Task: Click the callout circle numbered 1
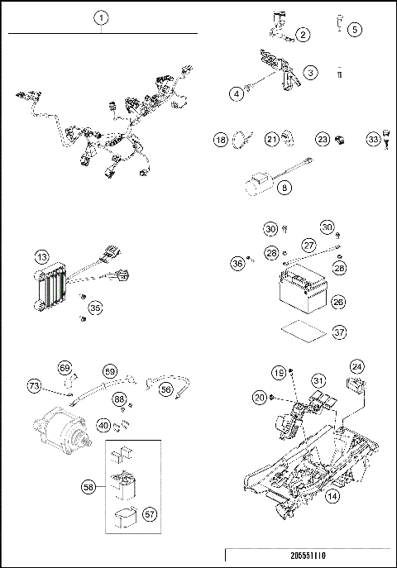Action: coord(101,17)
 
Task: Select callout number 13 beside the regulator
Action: coord(41,258)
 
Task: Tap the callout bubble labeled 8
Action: coord(285,189)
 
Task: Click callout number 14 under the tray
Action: coord(332,497)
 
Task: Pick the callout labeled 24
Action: coord(356,365)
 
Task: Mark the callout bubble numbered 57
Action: coord(151,514)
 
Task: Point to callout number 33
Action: coord(374,141)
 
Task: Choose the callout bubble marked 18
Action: coord(220,141)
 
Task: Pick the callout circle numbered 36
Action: coord(237,264)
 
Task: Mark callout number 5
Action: coord(355,29)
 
